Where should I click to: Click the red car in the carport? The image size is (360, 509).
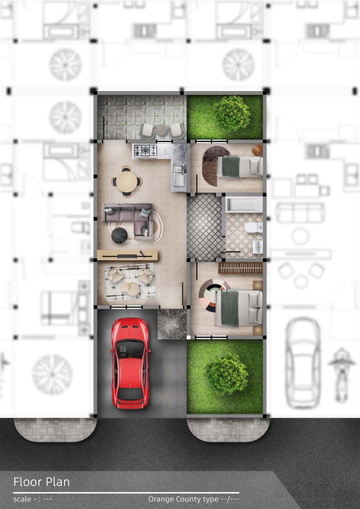[130, 363]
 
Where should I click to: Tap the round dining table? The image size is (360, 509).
[127, 181]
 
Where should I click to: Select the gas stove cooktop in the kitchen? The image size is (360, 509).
[145, 150]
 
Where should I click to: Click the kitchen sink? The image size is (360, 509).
[179, 175]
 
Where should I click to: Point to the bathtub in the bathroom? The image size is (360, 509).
[244, 204]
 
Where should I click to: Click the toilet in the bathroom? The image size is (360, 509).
[254, 228]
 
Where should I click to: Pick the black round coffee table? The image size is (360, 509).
[119, 235]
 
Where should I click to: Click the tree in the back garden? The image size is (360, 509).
[232, 113]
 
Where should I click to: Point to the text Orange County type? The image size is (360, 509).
[183, 499]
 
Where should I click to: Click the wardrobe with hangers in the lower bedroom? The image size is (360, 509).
[240, 268]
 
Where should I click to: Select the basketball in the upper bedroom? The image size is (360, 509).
[257, 150]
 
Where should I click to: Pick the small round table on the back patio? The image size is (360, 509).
[162, 130]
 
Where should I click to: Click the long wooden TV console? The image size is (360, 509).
[128, 255]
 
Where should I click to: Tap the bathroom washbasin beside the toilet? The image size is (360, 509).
[258, 247]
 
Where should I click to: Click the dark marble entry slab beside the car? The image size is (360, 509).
[172, 324]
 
